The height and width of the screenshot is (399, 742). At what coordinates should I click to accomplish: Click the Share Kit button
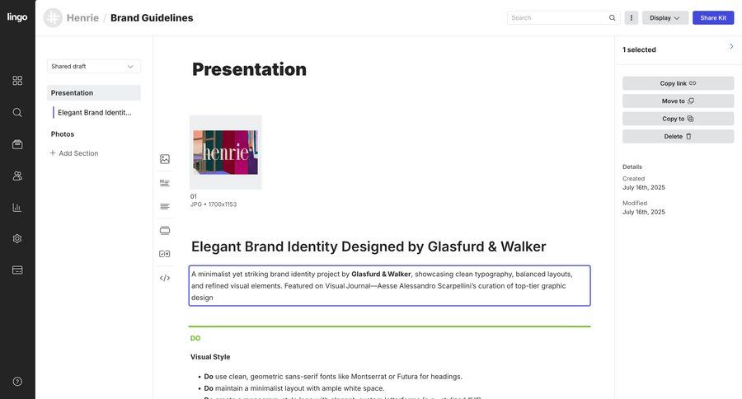pos(713,17)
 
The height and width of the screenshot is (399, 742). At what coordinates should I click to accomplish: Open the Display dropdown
pos(665,17)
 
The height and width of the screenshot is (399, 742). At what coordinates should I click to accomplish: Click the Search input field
pos(558,17)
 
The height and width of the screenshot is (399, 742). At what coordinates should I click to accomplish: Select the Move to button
pos(678,101)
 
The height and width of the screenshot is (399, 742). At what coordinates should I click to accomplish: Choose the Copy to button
pos(678,119)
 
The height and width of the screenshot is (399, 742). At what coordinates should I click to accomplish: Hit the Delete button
pos(678,136)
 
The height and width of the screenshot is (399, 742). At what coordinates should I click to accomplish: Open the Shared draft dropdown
pos(93,66)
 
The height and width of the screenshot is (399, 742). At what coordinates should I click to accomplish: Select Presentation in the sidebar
pos(73,93)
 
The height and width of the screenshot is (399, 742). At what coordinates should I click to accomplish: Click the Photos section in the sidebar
pos(63,134)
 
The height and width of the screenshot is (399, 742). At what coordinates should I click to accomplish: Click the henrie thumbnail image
pos(225,152)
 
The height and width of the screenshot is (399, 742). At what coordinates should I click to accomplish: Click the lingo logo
pos(17,17)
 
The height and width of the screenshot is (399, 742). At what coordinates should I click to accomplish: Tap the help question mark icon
pos(17,382)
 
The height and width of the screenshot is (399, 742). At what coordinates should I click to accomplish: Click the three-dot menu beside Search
pos(632,17)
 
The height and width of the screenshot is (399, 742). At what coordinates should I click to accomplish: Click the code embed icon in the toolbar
pos(165,278)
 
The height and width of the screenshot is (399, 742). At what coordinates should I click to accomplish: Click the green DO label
pos(195,338)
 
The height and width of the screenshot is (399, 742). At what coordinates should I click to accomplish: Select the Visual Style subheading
pos(210,357)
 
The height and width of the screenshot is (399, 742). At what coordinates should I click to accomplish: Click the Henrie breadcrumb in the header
pos(82,18)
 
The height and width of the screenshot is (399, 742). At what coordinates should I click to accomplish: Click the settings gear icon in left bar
pos(17,238)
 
